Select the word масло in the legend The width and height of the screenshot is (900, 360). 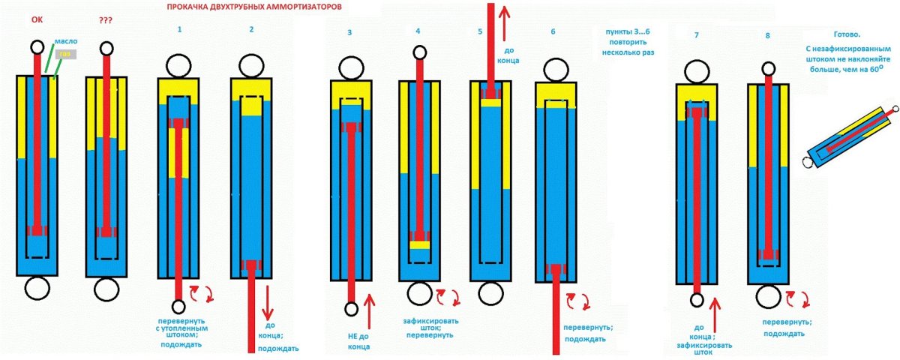[65, 42]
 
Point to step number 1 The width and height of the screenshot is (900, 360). [179, 29]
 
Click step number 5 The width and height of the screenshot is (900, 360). [479, 32]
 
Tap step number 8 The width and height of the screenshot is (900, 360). [767, 35]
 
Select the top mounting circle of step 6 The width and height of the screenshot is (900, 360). [555, 72]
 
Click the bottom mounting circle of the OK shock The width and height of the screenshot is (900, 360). [37, 288]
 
